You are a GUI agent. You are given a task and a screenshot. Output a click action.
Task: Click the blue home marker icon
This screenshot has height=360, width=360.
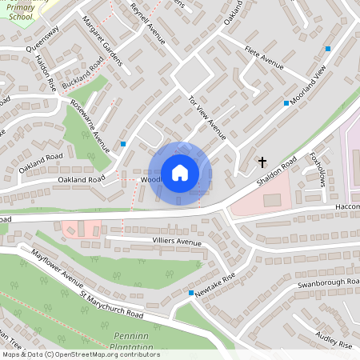[180, 172]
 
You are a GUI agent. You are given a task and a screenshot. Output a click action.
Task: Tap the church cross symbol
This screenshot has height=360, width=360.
[262, 162]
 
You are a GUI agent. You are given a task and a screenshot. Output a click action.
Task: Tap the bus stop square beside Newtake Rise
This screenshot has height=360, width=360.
[190, 294]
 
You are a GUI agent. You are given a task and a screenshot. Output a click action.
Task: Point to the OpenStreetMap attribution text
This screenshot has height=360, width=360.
[80, 355]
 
